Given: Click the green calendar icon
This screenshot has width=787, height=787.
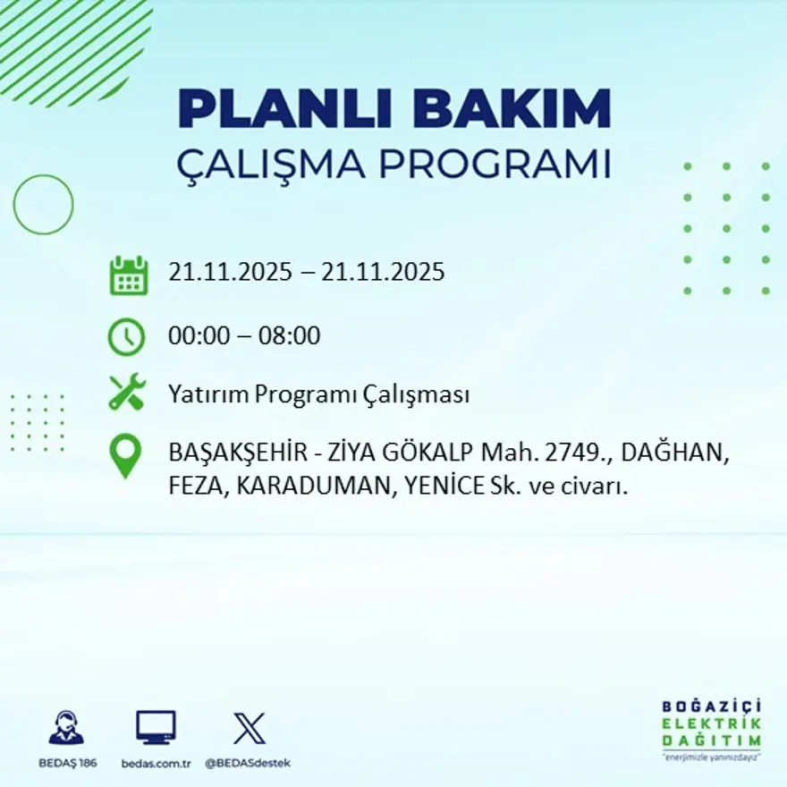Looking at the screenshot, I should coord(128,275).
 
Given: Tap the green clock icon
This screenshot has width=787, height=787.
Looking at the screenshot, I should coord(126,337).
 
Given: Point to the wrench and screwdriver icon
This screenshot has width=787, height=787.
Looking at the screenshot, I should coord(127,393).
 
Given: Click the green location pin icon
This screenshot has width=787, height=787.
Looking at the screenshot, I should coord(125,455).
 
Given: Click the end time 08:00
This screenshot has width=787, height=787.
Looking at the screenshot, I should coord(291,337).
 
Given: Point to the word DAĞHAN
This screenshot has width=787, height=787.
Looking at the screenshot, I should coord(673,454).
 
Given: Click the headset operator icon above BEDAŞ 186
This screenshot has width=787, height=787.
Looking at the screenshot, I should coord(65,728).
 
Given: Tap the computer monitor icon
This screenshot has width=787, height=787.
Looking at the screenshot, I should coord(156,727).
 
